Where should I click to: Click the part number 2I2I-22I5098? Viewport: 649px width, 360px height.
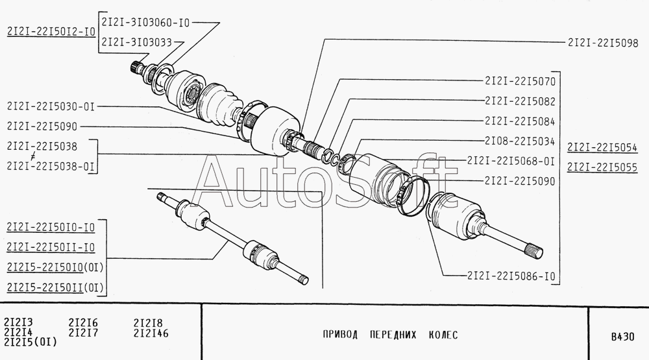[603, 43]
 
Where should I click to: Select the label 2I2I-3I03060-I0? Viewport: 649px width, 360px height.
[145, 23]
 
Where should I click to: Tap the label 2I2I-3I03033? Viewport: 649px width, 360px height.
[136, 42]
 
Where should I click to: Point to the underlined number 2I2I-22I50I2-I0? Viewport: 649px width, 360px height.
[51, 32]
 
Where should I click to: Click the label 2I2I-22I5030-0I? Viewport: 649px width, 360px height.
[51, 106]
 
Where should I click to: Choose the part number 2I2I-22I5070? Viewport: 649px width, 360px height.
[520, 81]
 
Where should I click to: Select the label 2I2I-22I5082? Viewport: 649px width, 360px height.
[520, 101]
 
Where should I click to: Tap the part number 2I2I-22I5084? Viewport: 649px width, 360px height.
[520, 121]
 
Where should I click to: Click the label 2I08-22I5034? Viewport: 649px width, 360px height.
[520, 141]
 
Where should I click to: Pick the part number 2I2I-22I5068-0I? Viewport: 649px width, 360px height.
[511, 161]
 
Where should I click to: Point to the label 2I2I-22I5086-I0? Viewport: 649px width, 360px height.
[511, 276]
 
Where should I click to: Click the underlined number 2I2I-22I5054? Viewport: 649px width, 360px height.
[602, 147]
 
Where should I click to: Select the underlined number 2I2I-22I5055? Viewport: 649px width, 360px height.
[602, 167]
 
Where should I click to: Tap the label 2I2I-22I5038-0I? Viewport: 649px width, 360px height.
[51, 166]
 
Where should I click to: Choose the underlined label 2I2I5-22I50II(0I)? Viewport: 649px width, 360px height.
[55, 287]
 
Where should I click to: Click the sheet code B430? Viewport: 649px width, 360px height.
[622, 337]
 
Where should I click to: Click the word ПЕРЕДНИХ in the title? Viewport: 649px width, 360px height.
[393, 335]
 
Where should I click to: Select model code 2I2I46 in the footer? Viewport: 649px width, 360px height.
[151, 333]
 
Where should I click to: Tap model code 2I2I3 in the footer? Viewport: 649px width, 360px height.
[18, 322]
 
